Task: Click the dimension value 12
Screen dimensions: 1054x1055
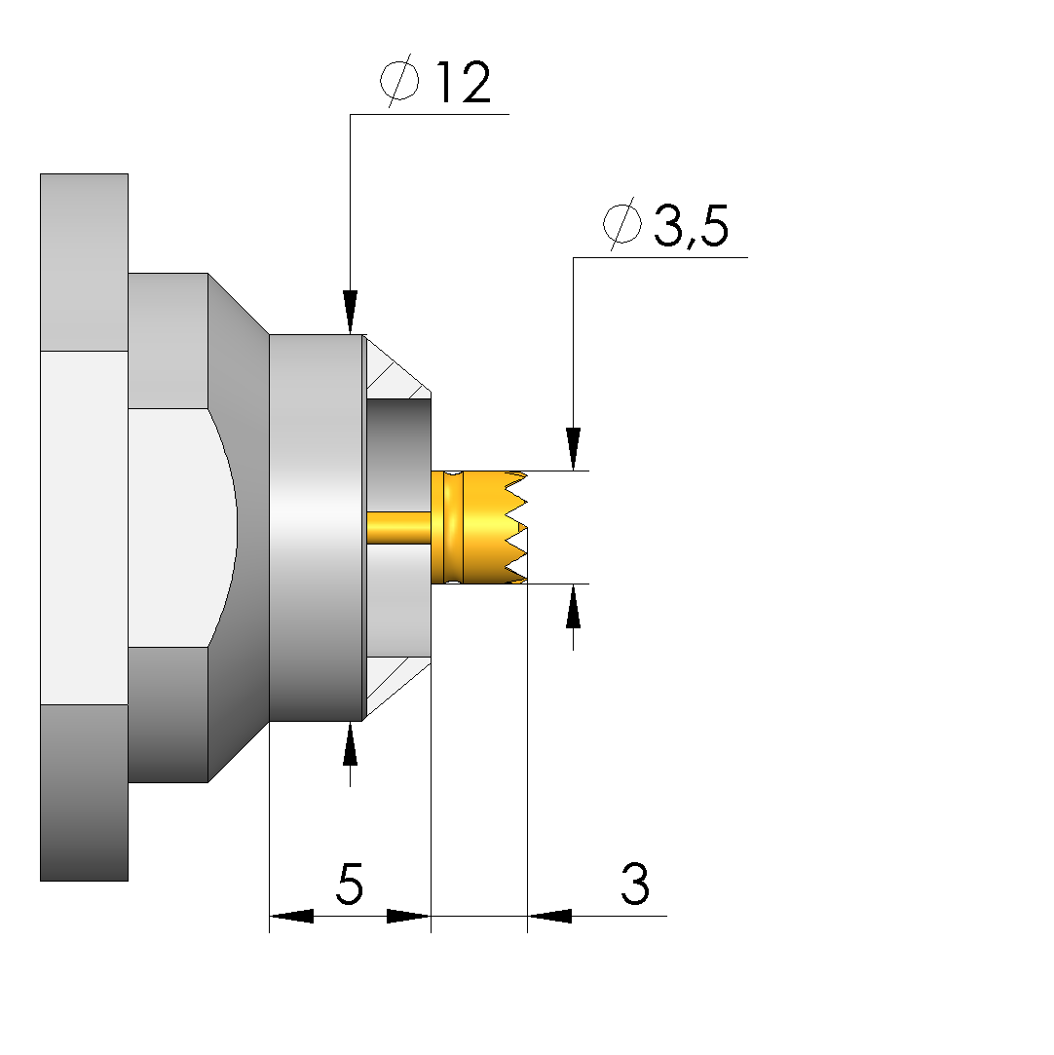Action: point(464,82)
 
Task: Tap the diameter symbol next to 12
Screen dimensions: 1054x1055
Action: point(399,81)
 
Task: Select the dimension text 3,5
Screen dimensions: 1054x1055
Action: point(691,226)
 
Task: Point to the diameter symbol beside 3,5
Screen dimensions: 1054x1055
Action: point(622,223)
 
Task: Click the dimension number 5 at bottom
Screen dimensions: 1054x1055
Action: point(350,884)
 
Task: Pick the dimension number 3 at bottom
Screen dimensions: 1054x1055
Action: point(635,884)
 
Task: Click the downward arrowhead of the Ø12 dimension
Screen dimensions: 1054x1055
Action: point(350,312)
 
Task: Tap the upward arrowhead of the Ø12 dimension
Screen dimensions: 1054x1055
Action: point(350,743)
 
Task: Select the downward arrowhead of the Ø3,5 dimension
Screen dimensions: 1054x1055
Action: point(573,449)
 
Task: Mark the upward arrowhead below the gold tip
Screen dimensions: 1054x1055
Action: point(573,606)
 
